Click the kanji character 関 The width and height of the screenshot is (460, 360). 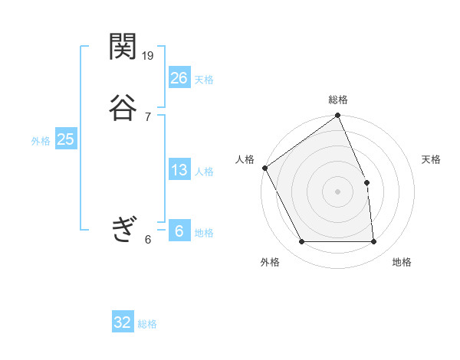point(123,47)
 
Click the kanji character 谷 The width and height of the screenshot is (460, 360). point(123,106)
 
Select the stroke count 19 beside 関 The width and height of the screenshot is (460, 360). point(149,55)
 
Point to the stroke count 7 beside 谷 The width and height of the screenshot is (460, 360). point(147,116)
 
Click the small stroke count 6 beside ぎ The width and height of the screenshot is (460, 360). point(147,240)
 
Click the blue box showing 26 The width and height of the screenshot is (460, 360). point(179,77)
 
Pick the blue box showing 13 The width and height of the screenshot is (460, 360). point(179,170)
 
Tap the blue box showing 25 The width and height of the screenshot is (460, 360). point(65,139)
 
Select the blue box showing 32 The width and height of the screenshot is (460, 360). point(123,322)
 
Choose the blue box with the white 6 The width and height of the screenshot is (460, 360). point(179,231)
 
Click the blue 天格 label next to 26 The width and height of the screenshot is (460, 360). point(204,80)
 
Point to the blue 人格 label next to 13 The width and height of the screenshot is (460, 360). point(204,172)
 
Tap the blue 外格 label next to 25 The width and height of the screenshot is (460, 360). point(41,141)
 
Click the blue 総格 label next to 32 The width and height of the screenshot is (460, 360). point(147,324)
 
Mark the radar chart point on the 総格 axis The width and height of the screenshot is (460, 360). point(337,116)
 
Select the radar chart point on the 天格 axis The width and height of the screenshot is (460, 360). point(366,182)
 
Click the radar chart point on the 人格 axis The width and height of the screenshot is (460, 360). point(264,168)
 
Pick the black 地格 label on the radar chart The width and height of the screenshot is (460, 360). point(402,263)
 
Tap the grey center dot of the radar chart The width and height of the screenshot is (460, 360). point(337,191)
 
